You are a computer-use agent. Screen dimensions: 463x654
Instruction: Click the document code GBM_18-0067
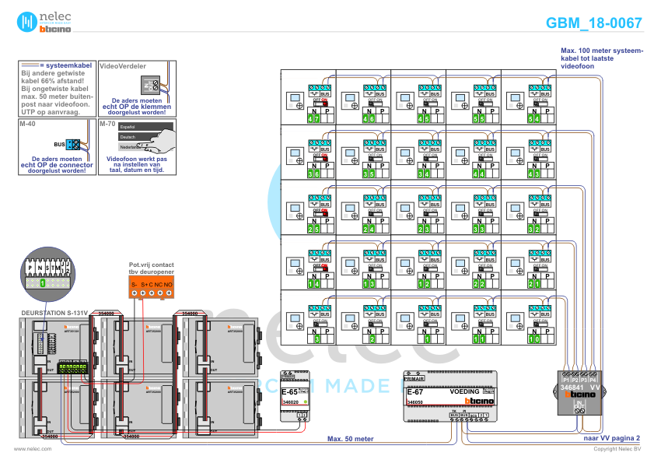[x=594, y=23]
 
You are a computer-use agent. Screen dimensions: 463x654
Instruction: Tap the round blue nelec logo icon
[x=28, y=21]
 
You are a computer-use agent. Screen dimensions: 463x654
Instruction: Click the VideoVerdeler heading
[x=124, y=67]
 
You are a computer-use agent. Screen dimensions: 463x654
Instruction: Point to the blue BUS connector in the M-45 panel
[x=72, y=144]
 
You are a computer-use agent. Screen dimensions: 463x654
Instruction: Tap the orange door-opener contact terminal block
[x=152, y=288]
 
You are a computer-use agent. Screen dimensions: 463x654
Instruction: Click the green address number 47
[x=313, y=119]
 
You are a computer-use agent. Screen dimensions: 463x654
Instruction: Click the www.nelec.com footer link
[x=27, y=449]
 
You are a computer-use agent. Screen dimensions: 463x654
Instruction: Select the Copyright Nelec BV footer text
[x=617, y=449]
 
